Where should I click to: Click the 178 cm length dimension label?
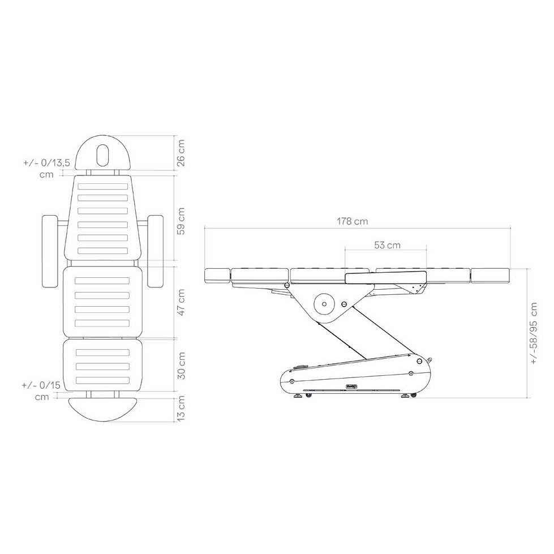[x=352, y=221]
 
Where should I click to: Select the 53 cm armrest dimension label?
[x=387, y=245]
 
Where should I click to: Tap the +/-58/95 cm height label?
[x=533, y=333]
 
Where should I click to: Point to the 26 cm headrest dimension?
[x=181, y=153]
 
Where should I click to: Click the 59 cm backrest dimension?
[x=181, y=221]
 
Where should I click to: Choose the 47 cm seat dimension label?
[x=181, y=302]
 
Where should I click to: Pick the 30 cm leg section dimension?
[x=181, y=366]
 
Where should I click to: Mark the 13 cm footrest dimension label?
[x=181, y=409]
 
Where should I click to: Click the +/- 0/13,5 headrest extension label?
[x=46, y=168]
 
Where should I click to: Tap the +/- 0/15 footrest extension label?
[x=41, y=391]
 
